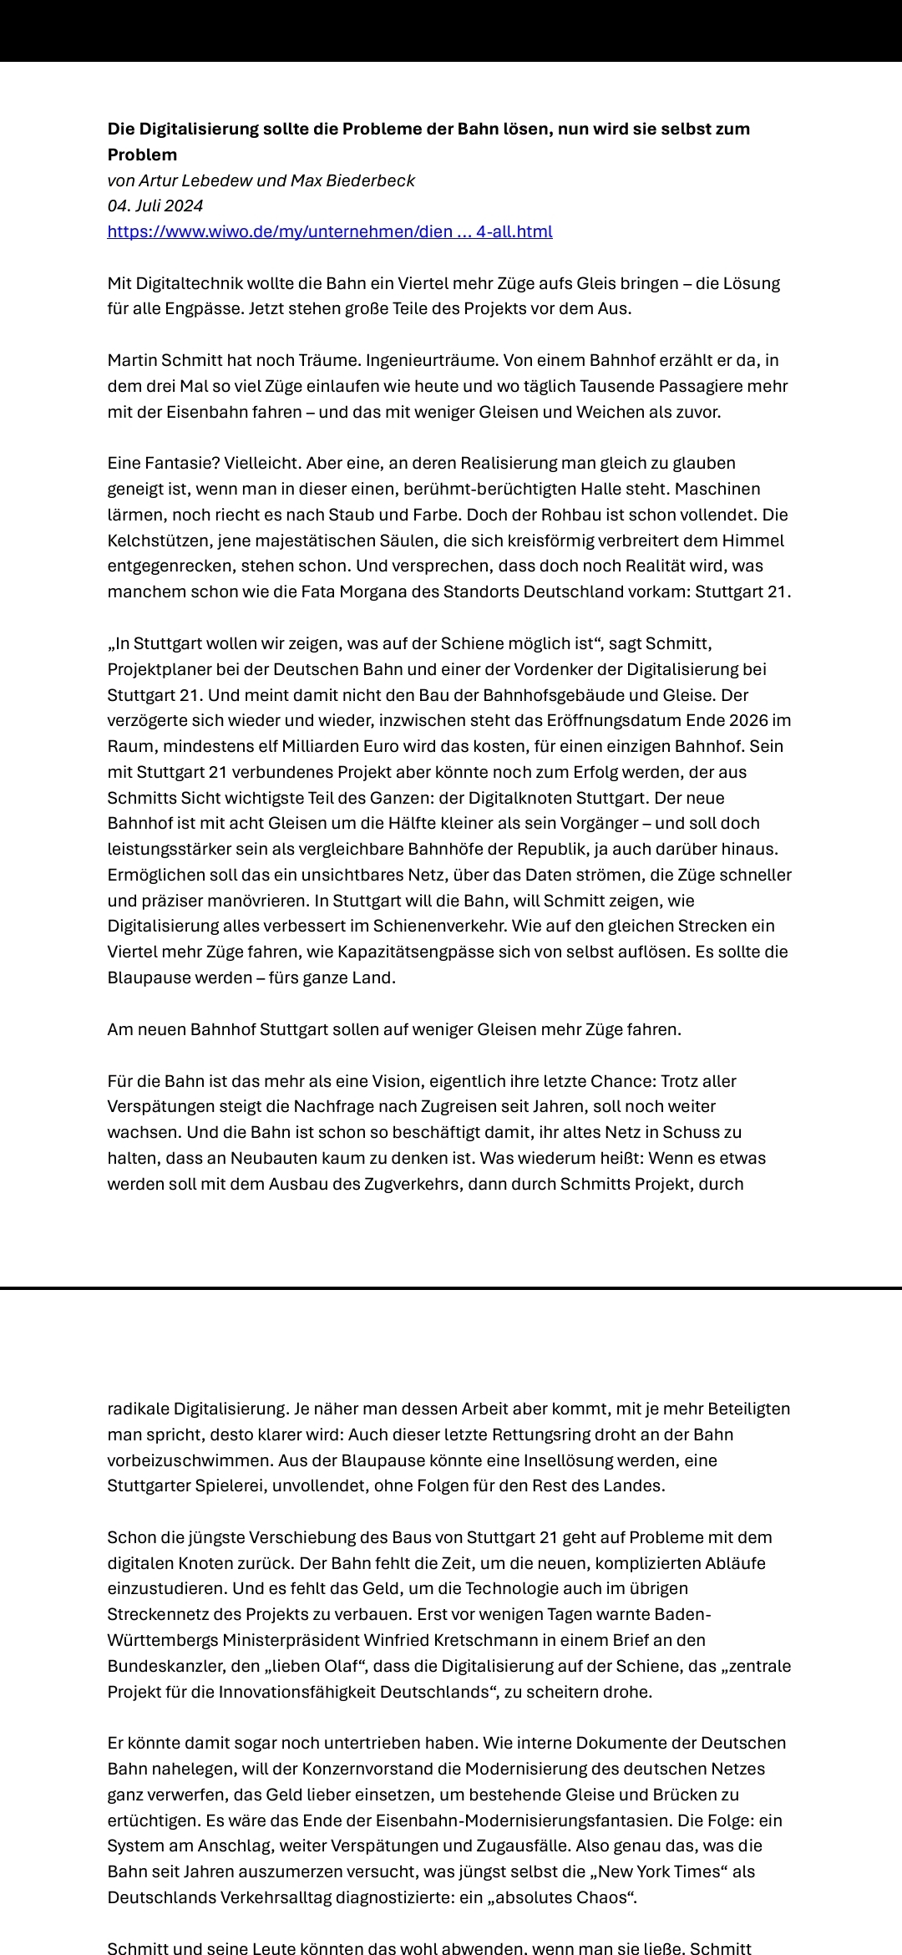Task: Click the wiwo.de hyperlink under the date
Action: tap(330, 231)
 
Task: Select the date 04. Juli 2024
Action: tap(155, 206)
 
